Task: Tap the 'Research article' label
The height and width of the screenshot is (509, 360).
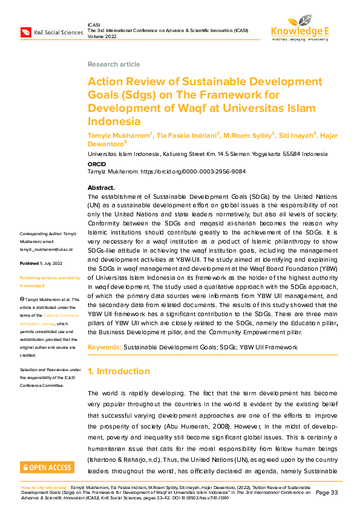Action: [x=114, y=64]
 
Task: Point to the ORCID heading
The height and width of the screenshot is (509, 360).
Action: [x=97, y=163]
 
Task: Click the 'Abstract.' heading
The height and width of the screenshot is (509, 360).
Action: [x=101, y=188]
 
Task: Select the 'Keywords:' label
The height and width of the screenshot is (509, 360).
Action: [x=104, y=348]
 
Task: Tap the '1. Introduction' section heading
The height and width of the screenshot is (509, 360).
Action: [x=119, y=371]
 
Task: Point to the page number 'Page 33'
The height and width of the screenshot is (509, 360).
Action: [x=327, y=493]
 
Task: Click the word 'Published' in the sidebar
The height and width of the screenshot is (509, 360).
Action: [x=30, y=264]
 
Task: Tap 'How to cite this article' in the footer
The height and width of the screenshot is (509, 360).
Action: [x=44, y=487]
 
